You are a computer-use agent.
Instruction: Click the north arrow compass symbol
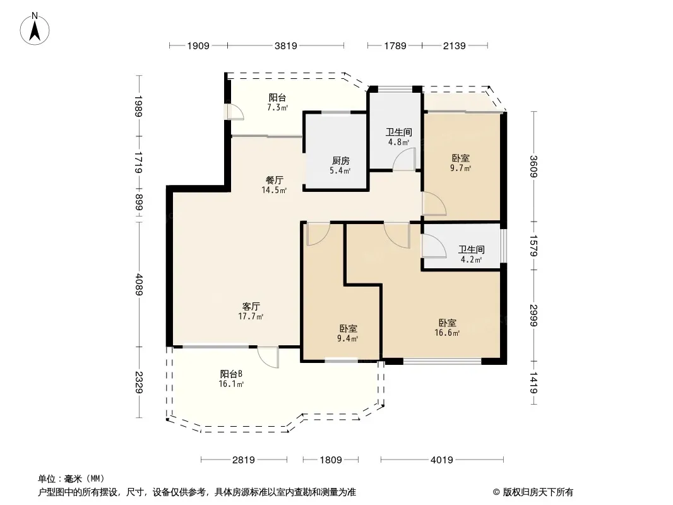click(x=35, y=29)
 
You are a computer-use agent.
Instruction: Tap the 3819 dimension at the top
click(x=286, y=45)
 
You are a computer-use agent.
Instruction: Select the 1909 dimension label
click(x=198, y=45)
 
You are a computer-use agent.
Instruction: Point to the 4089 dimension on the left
click(x=139, y=285)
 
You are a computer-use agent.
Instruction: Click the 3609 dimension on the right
click(x=533, y=166)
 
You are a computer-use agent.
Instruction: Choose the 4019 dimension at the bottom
click(x=442, y=460)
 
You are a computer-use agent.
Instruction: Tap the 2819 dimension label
click(x=244, y=460)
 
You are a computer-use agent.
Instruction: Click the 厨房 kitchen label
click(x=341, y=161)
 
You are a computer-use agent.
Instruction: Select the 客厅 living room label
click(x=251, y=306)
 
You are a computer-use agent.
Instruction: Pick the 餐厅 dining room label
click(x=274, y=180)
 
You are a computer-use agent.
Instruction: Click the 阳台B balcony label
click(x=232, y=374)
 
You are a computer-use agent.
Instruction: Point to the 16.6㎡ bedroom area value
click(x=447, y=333)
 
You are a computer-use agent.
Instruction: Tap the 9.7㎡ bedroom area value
click(x=460, y=168)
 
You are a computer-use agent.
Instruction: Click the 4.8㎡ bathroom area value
click(x=399, y=141)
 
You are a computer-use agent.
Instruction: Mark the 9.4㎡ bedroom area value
click(x=348, y=338)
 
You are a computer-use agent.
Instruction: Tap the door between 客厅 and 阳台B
click(x=268, y=357)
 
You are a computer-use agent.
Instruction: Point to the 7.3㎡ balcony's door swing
click(x=235, y=112)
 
